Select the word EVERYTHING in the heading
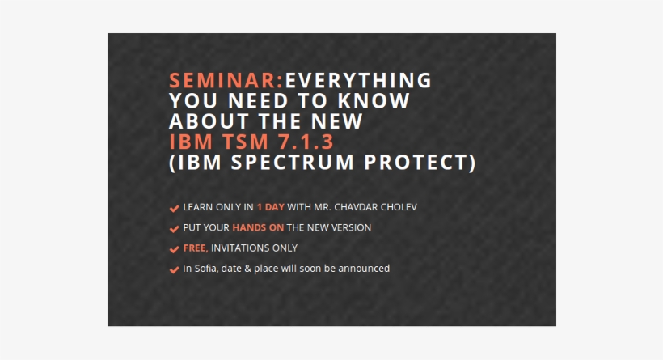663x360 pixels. coord(359,81)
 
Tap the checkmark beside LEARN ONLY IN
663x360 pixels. coord(174,208)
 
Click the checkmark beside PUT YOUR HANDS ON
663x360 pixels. coord(174,229)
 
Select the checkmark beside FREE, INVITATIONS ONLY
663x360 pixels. coord(174,249)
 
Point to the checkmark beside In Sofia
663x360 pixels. coord(174,269)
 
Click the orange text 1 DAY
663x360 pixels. coord(270,207)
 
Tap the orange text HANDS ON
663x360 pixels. coord(258,228)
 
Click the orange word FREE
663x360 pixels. coord(194,248)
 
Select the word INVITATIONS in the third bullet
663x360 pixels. coord(240,248)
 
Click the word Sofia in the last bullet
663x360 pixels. coord(206,269)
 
